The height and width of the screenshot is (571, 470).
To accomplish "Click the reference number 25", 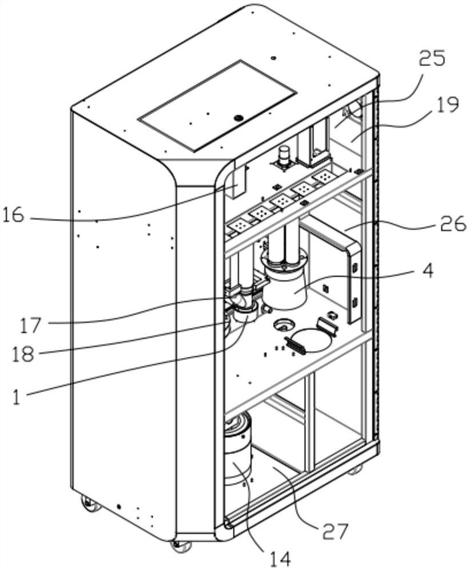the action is click(x=432, y=58).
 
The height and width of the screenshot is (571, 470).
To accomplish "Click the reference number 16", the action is click(x=13, y=215).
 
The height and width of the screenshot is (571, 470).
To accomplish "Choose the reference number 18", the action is click(x=23, y=353).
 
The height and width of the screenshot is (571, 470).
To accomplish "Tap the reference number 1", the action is click(x=17, y=396).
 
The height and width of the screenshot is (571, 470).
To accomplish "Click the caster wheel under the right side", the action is click(x=355, y=470).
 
